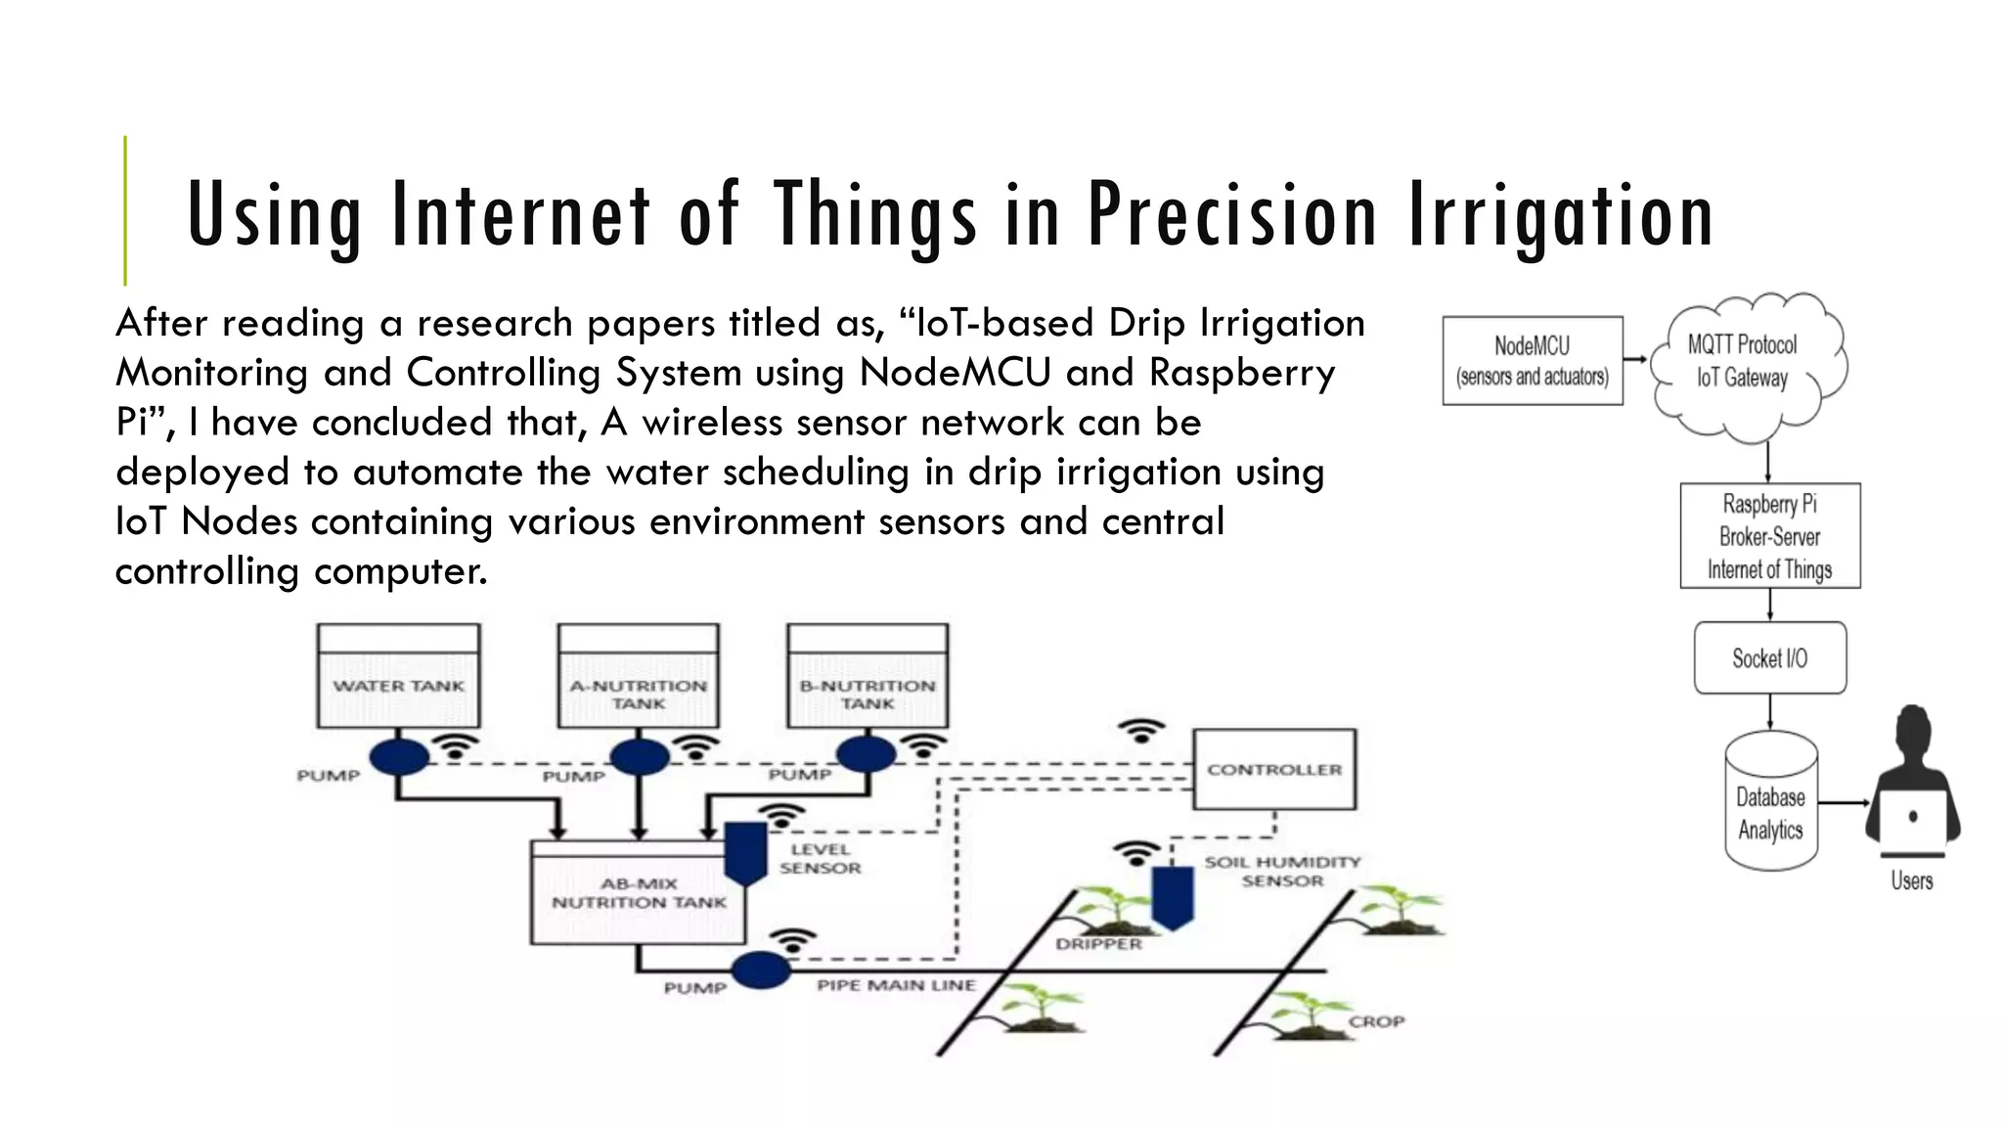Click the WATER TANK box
[x=398, y=676]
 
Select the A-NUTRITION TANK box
[x=638, y=676]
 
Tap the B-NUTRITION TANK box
[x=868, y=676]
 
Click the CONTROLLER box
[x=1274, y=769]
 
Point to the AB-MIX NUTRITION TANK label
[x=639, y=893]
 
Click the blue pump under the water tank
[x=399, y=756]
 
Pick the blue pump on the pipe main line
[x=761, y=969]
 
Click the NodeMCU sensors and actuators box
[x=1532, y=360]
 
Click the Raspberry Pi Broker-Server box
[x=1769, y=535]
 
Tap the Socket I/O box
[x=1769, y=658]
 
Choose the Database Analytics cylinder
[x=1770, y=802]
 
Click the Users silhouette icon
[x=1912, y=783]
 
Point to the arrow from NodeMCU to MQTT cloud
[x=1635, y=359]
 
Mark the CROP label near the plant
[x=1376, y=1021]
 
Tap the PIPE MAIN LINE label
[x=896, y=985]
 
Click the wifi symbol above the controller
[x=1141, y=731]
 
